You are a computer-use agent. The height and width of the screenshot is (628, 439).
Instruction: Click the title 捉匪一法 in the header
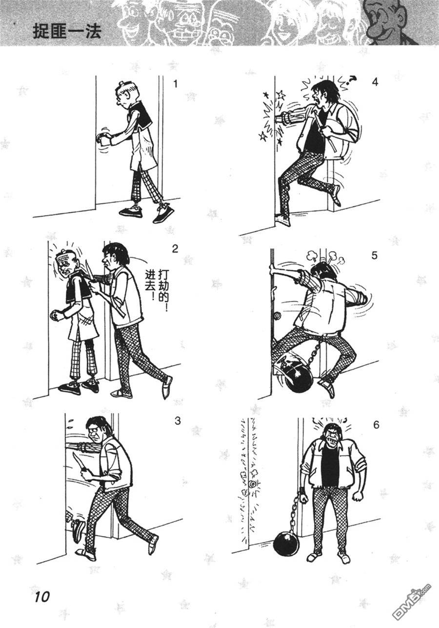tap(67, 31)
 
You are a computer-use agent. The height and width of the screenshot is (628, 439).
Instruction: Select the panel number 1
tap(176, 84)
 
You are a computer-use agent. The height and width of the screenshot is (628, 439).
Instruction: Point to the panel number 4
tap(375, 82)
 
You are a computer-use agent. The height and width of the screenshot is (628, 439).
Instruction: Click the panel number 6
tap(376, 425)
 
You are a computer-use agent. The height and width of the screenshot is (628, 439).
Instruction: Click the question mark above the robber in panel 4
tap(352, 80)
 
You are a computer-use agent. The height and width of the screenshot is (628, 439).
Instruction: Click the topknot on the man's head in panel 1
tap(121, 83)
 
